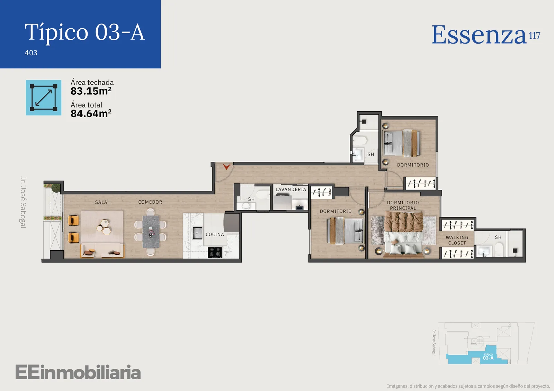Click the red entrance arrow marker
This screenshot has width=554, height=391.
[226, 167]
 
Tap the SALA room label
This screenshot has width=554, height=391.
[101, 202]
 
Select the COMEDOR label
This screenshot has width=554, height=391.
[150, 202]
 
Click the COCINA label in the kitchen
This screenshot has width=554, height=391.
[215, 234]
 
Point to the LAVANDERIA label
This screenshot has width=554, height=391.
[291, 189]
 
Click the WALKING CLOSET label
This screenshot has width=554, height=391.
[457, 240]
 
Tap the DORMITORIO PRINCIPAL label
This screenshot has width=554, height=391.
[403, 205]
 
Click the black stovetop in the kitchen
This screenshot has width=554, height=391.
[215, 252]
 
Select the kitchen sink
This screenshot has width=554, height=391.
[197, 233]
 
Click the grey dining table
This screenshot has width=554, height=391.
[151, 232]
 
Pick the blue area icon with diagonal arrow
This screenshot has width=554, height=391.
[44, 97]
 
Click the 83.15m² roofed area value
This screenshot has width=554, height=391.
[91, 91]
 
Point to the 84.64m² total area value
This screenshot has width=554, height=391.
[91, 114]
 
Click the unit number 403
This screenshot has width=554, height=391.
[31, 53]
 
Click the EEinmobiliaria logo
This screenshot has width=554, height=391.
[78, 372]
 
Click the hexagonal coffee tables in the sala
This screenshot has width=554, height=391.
[104, 227]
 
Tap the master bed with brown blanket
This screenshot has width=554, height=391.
[403, 233]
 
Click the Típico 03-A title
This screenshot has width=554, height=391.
[84, 32]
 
